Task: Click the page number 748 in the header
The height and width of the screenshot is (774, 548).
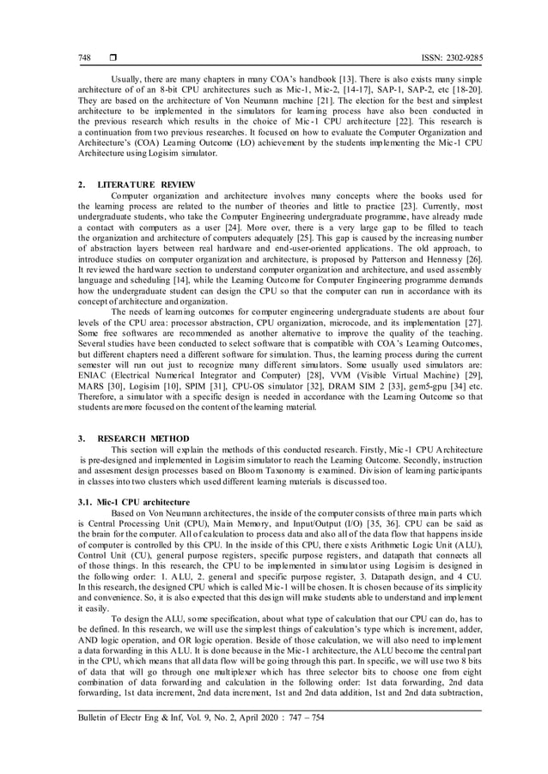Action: (84, 57)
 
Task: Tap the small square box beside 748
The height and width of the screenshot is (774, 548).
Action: (112, 57)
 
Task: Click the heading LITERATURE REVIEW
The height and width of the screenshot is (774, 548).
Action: (147, 184)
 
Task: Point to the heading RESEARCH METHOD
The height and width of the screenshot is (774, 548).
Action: (143, 438)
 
